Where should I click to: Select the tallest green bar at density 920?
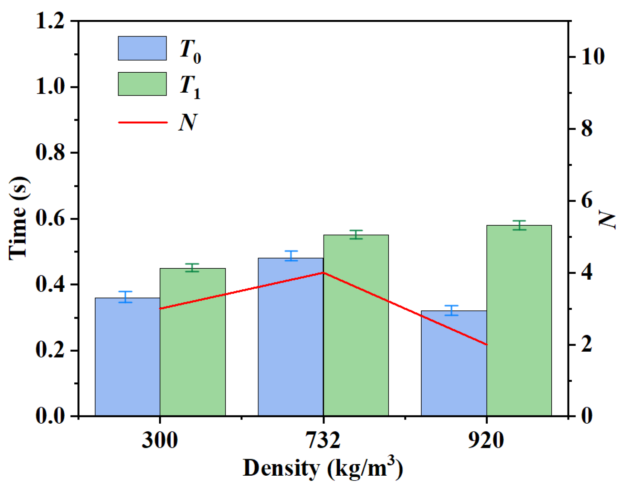tap(519, 320)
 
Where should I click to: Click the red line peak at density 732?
tap(323, 272)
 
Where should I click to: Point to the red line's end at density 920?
tap(487, 344)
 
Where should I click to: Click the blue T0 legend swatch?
tap(142, 48)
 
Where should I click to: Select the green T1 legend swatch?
tap(142, 84)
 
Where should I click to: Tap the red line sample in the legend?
tap(142, 122)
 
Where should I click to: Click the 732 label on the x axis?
tap(323, 440)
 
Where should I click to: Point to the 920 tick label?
tap(486, 440)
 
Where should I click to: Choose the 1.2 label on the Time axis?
tap(50, 21)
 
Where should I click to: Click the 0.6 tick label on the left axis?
tap(50, 219)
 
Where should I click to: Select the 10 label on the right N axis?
tap(593, 57)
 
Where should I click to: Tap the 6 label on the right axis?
tap(587, 201)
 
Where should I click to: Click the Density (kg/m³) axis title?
tap(322, 468)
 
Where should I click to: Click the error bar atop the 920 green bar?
tap(519, 225)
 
